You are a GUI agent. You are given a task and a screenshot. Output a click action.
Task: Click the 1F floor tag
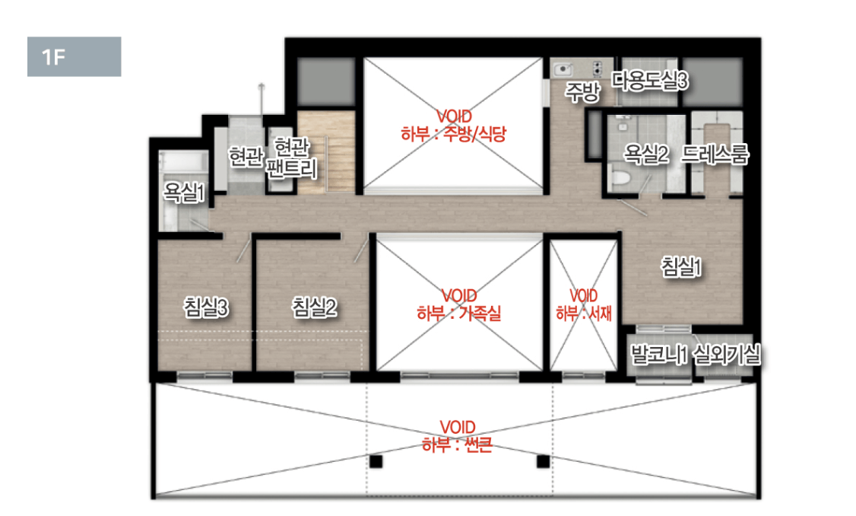pos(75,56)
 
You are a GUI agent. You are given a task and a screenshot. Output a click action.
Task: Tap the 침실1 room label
pos(681,266)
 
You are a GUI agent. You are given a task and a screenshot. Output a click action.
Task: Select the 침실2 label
pos(314,307)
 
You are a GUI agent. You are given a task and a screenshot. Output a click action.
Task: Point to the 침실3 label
pos(206,307)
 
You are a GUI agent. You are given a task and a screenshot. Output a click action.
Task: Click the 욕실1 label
pos(185,192)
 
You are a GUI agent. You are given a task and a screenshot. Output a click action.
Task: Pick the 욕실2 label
pos(646,154)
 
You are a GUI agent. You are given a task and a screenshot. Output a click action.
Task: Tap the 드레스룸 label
pos(715,154)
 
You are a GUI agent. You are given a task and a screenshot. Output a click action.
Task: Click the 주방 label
pos(582,92)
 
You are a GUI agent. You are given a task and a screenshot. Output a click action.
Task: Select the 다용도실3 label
pos(650,81)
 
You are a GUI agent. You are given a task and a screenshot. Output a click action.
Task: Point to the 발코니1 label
pos(659,355)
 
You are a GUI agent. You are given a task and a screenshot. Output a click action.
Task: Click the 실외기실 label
pos(727,355)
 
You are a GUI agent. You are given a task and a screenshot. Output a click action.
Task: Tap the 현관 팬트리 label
pos(291,158)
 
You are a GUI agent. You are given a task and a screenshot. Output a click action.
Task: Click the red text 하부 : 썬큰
pos(458,445)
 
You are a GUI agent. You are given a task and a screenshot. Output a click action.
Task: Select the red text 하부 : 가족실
pos(458,314)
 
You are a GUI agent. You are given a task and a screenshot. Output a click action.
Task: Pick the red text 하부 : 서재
pos(584,314)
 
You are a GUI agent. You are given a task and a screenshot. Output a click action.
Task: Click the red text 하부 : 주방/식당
pos(454,134)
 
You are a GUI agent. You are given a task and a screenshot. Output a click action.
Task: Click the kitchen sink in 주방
pos(563,69)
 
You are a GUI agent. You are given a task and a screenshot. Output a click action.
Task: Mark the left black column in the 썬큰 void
pos(376,461)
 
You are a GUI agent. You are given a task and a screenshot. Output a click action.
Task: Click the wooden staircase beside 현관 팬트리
pos(326,152)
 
